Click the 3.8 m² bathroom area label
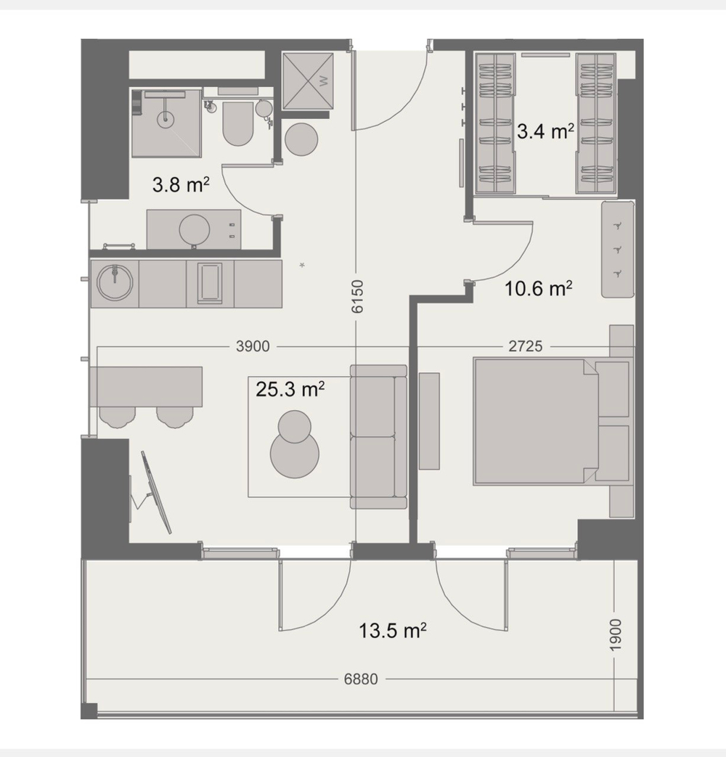[x=181, y=185]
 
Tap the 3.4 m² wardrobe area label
[x=545, y=131]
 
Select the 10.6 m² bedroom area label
[x=539, y=289]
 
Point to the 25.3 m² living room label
[x=290, y=390]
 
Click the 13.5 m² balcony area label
[x=392, y=630]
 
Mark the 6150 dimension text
[x=356, y=297]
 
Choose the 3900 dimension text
[x=253, y=347]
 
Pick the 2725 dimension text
[x=525, y=347]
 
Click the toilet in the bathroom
[x=237, y=124]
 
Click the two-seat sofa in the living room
[x=378, y=436]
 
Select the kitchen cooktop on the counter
[x=210, y=283]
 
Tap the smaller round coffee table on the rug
[x=293, y=427]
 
